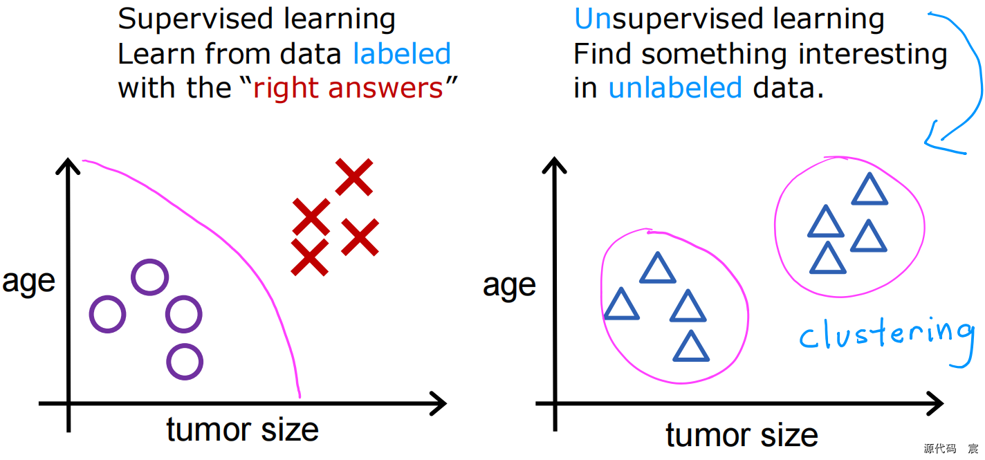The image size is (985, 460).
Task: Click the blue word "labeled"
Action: [402, 54]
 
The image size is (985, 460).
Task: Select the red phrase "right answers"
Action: [348, 89]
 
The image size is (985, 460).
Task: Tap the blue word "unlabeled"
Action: [675, 89]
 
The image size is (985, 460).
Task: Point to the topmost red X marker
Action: [354, 176]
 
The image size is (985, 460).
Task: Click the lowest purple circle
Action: [185, 361]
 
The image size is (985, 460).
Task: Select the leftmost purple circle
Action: [108, 314]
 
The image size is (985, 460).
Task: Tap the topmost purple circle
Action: [149, 277]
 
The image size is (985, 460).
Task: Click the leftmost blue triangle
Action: [621, 305]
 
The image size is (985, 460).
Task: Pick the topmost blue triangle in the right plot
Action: [869, 190]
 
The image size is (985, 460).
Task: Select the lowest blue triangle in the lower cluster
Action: [691, 347]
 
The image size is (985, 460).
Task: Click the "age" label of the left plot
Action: [28, 282]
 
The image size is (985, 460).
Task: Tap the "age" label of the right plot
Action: [509, 285]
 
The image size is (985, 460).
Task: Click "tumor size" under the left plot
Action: [242, 430]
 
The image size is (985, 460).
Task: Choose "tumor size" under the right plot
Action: [742, 436]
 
